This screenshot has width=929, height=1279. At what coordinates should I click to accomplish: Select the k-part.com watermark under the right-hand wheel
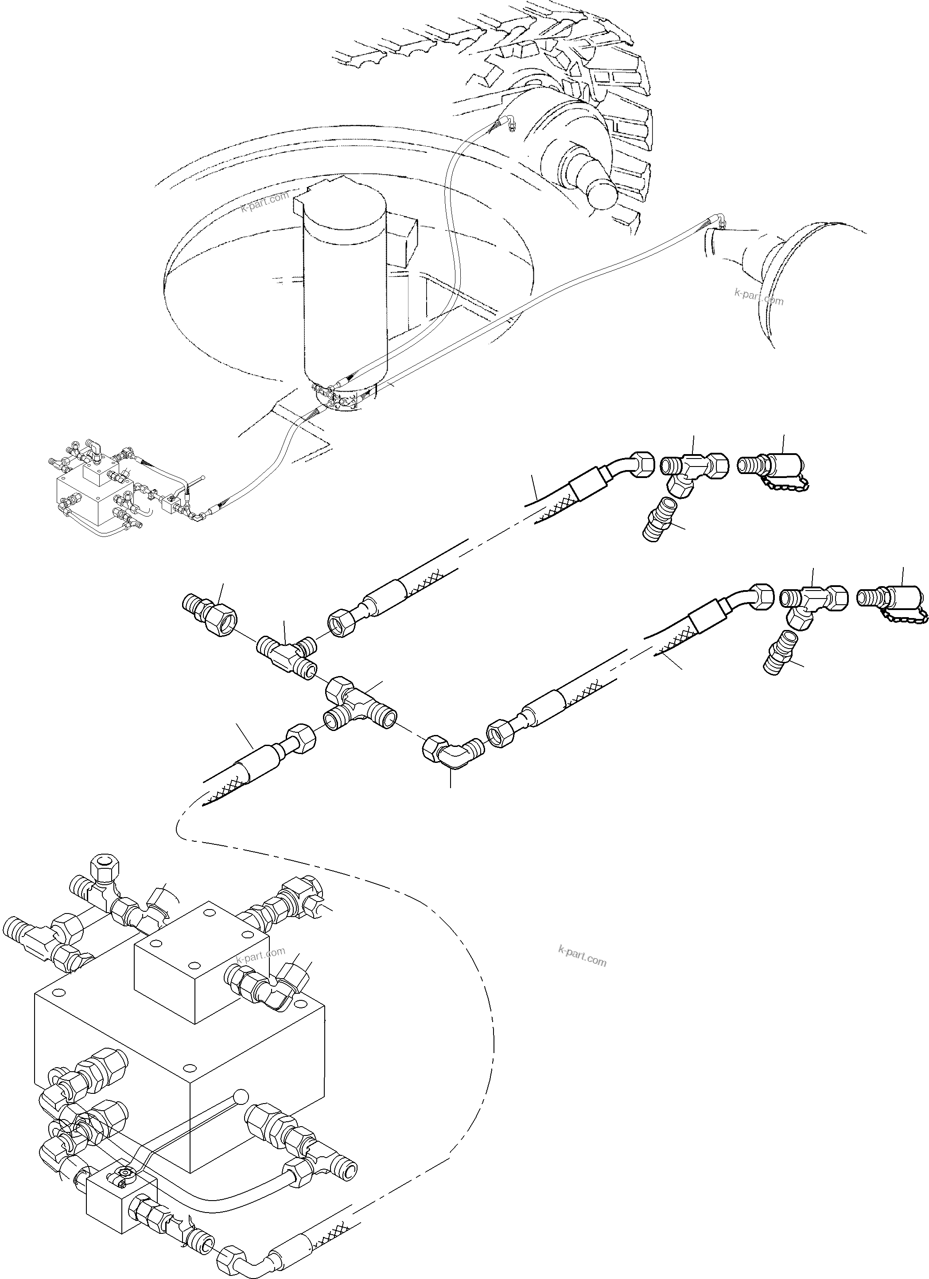[758, 297]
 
